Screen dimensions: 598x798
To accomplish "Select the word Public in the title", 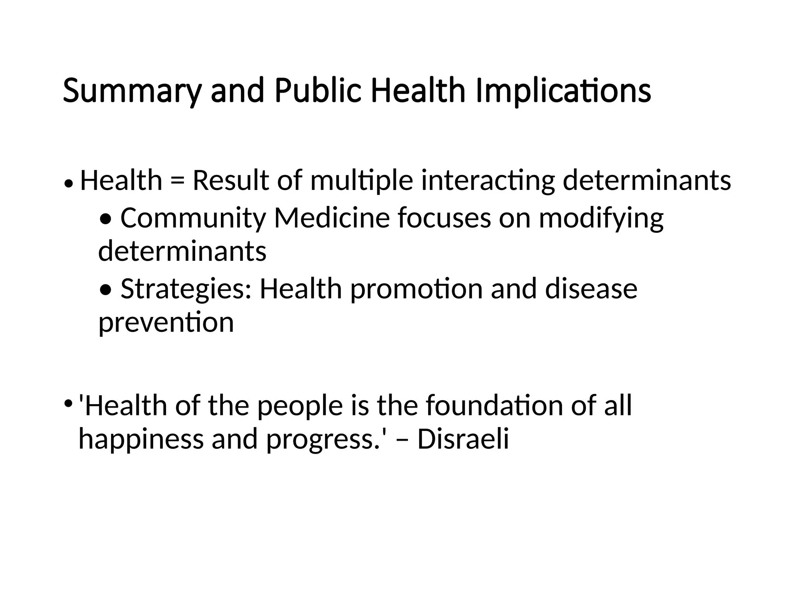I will (318, 91).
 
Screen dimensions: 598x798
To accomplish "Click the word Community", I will (193, 219).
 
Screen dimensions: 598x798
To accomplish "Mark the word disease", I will (591, 289).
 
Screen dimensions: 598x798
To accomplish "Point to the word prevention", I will (166, 323).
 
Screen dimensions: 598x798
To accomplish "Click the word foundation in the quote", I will (494, 406).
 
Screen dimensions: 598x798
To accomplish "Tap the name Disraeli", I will (463, 439).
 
